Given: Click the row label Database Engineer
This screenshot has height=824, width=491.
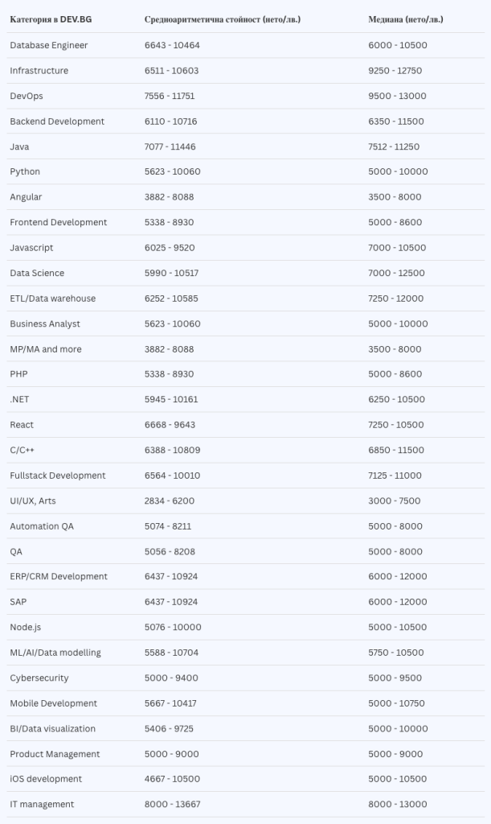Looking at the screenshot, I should [49, 45].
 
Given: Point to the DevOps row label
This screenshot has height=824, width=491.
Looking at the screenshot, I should [27, 96].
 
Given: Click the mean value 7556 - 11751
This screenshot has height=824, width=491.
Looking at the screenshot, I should [170, 96].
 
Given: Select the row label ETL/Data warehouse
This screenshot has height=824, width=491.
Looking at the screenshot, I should [53, 299].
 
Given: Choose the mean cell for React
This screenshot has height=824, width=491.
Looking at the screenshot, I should [170, 425].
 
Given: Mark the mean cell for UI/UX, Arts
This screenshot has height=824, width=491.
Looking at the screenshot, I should [170, 501].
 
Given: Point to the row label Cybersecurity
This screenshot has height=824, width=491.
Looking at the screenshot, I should [39, 678].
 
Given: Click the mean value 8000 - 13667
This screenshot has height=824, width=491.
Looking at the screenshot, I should [172, 805].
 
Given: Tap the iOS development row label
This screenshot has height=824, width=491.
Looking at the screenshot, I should [46, 779].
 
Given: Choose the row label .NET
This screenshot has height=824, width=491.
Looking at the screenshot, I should [20, 400].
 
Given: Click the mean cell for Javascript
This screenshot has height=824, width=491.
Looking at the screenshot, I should [170, 248].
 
